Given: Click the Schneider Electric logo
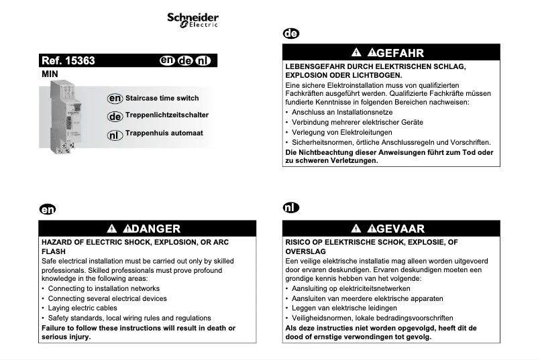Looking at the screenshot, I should (x=193, y=19).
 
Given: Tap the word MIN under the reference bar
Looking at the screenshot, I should (x=50, y=74).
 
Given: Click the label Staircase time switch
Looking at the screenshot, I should (x=162, y=99).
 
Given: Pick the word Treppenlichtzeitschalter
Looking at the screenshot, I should (x=166, y=115).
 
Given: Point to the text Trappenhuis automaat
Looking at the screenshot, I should (x=164, y=133).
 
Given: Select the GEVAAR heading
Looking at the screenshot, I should (x=400, y=229).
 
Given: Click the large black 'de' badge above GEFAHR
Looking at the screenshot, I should (x=291, y=34).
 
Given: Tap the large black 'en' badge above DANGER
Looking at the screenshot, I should (x=47, y=209).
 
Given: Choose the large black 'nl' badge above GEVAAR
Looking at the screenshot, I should (x=290, y=208).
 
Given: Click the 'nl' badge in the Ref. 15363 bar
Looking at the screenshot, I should (x=203, y=61).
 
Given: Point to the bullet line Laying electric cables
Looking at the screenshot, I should (x=83, y=308).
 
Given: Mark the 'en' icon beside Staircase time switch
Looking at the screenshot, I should (x=115, y=99).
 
